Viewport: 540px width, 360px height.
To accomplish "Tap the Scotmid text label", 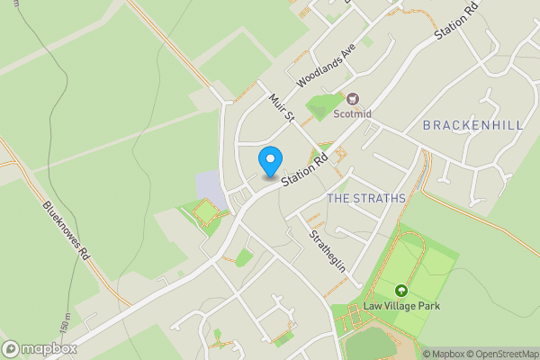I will coord(353,114).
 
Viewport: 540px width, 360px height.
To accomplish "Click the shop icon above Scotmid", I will coord(353,99).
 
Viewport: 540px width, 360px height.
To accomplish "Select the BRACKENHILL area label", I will coord(472,125).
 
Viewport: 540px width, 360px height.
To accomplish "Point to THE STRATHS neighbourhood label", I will coord(366,197).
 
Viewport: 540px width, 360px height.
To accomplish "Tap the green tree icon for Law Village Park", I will coord(400,291).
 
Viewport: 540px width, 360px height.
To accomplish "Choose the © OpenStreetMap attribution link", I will coord(501,354).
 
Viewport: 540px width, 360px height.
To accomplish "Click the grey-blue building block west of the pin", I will coord(208,187).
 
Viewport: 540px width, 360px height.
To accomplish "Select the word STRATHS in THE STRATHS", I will coord(380,197).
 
